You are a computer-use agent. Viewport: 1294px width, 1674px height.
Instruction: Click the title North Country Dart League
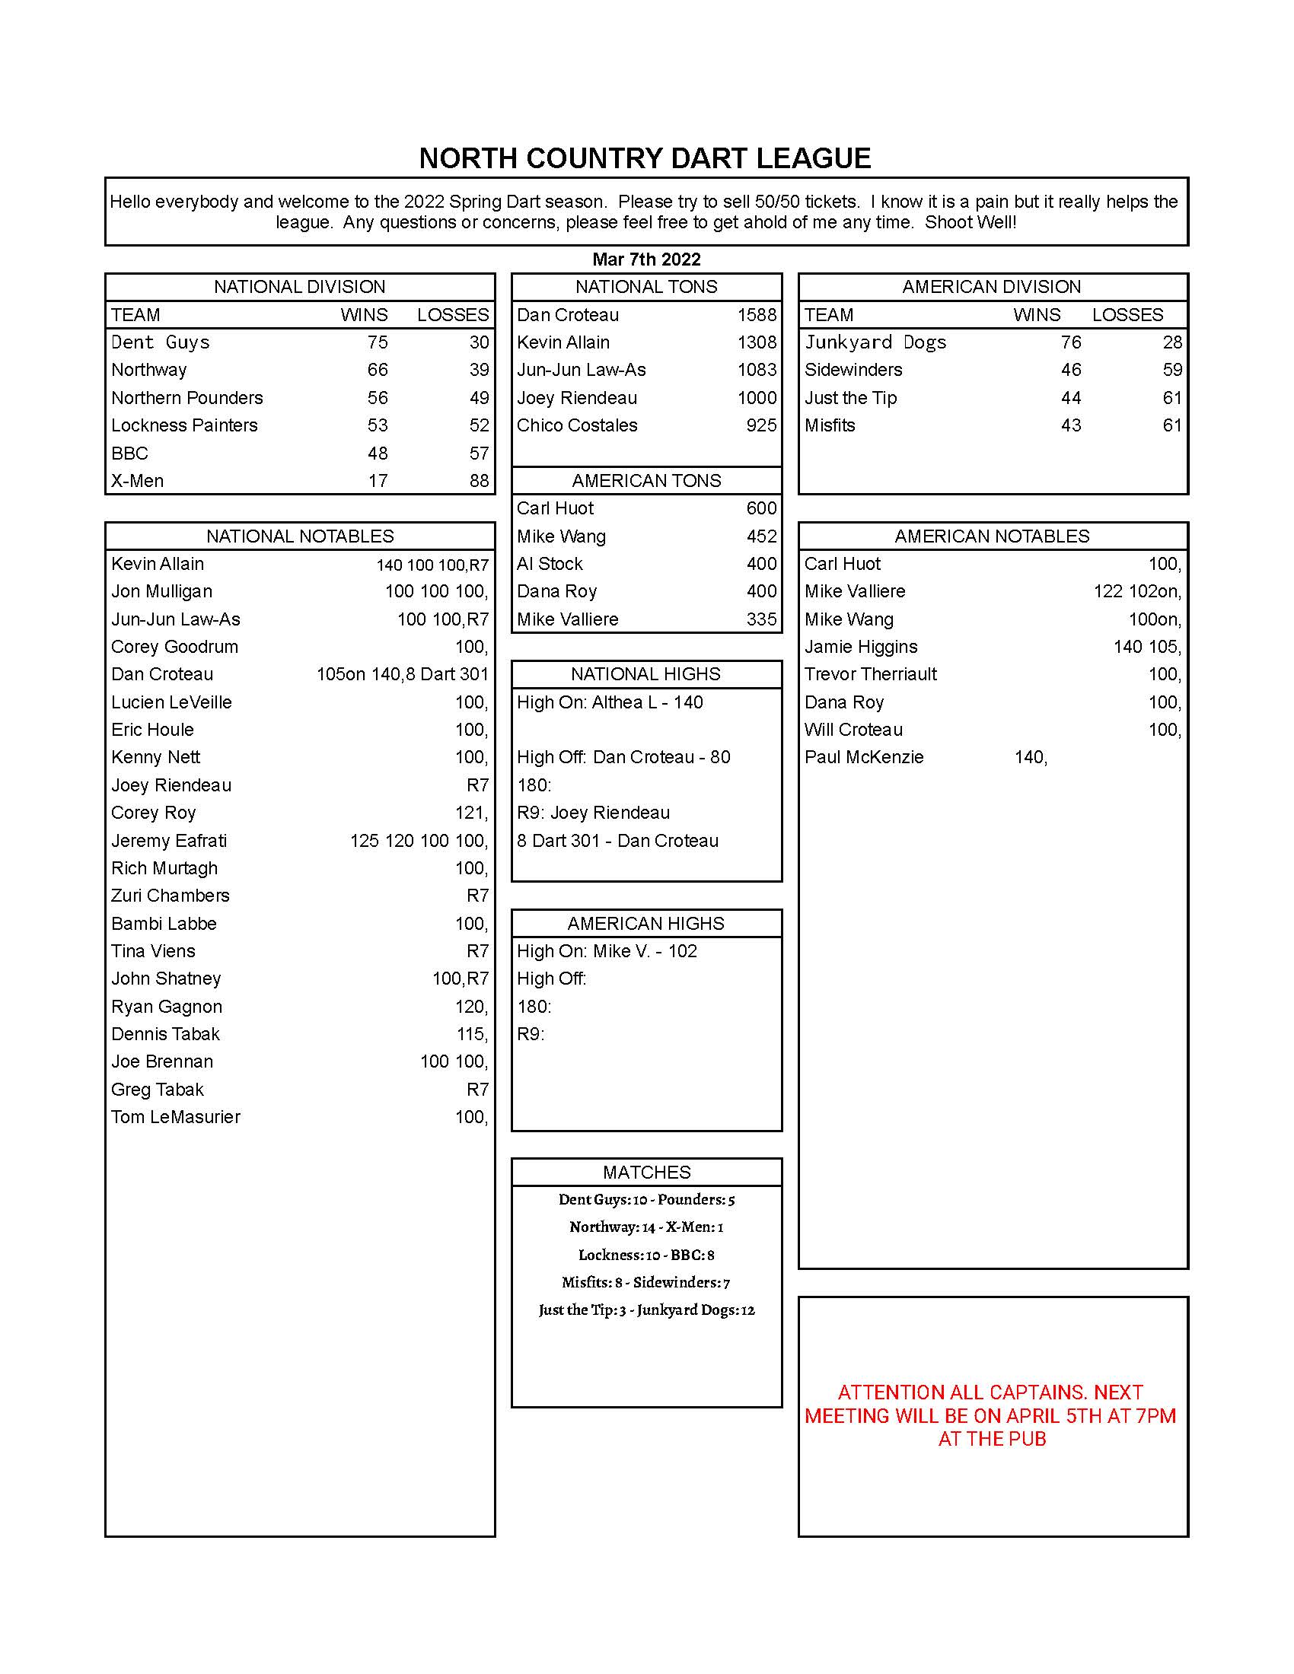pos(645,159)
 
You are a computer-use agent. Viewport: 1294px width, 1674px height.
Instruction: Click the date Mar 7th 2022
pos(646,259)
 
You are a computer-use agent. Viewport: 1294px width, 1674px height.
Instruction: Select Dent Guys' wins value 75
pos(377,342)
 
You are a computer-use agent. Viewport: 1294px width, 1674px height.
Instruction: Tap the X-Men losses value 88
pos(479,481)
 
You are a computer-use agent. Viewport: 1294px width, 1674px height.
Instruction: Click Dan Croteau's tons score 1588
pos(757,315)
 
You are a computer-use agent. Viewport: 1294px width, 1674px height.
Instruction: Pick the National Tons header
pos(646,287)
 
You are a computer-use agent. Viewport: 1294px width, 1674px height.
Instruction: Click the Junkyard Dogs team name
pos(875,342)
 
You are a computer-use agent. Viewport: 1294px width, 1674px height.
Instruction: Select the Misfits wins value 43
pos(1070,425)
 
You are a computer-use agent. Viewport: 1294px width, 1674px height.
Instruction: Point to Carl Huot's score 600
pos(761,508)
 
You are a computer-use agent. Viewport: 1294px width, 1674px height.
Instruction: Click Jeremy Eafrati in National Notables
pos(169,841)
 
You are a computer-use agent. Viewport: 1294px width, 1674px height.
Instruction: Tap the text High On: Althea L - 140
pos(610,702)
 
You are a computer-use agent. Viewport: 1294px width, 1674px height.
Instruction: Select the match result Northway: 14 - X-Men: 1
pos(646,1227)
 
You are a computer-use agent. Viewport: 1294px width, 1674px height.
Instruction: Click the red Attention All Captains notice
pos(992,1415)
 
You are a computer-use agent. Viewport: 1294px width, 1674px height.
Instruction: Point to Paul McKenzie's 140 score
pos(1031,757)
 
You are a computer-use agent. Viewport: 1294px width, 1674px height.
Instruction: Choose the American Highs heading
pos(646,924)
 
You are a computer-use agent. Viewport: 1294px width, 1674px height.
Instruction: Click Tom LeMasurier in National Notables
pos(176,1117)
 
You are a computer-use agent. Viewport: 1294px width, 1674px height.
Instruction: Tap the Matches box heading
pos(646,1172)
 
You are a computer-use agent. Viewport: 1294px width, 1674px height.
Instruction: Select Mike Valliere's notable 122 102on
pos(1137,592)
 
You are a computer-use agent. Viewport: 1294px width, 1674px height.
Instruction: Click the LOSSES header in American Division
pos(1127,315)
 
